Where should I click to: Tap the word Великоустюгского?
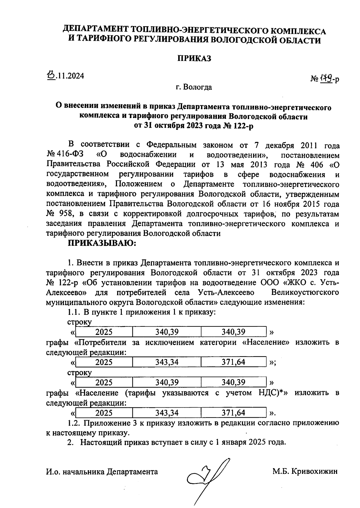(x=305, y=292)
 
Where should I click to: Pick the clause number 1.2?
(x=73, y=423)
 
